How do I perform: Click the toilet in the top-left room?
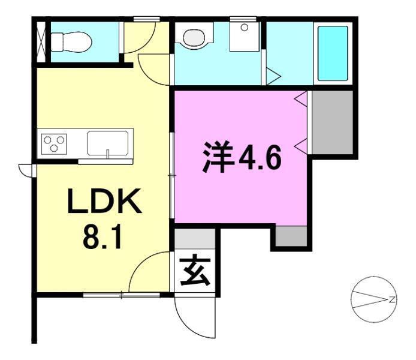pos(71,42)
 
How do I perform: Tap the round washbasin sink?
pos(194,38)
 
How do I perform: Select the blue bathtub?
pos(333,53)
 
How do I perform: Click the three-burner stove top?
pos(54,143)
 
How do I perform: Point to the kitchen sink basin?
pos(108,143)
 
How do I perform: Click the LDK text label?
pos(105,201)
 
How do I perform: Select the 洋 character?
pos(218,158)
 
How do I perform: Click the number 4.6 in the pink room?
pos(260,158)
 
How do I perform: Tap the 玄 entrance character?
pos(195,270)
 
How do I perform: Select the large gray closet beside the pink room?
pos(333,122)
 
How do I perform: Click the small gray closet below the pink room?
pos(291,236)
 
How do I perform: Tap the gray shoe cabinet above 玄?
pos(195,239)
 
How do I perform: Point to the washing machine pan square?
pos(244,37)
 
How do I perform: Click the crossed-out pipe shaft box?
pos(41,41)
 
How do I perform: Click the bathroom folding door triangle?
pos(273,76)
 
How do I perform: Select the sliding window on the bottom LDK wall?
pos(122,295)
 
